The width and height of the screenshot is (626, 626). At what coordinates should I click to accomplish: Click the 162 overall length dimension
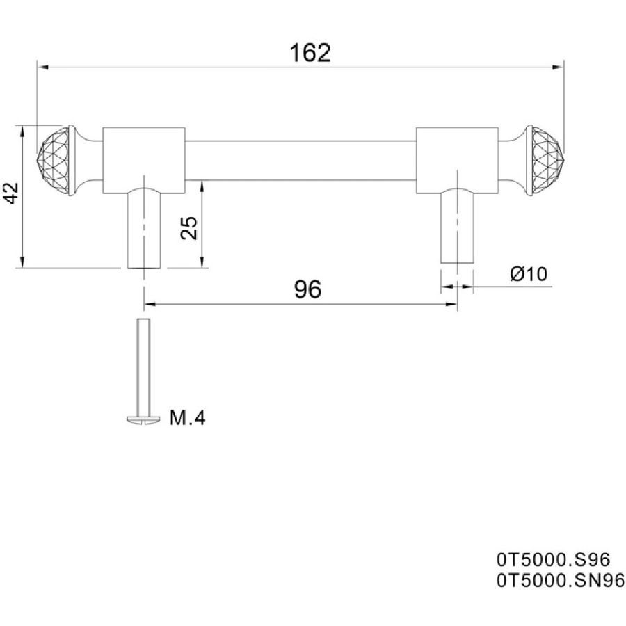click(310, 53)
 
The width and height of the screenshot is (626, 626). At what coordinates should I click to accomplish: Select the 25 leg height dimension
click(189, 228)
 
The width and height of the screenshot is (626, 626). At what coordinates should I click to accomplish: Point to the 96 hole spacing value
click(307, 289)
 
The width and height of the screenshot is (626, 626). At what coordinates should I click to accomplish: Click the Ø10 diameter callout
click(529, 274)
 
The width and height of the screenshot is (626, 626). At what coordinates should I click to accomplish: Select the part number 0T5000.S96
click(553, 560)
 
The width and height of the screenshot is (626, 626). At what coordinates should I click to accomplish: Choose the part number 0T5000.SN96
click(560, 581)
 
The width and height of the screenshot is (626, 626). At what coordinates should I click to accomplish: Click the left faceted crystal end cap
click(53, 161)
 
